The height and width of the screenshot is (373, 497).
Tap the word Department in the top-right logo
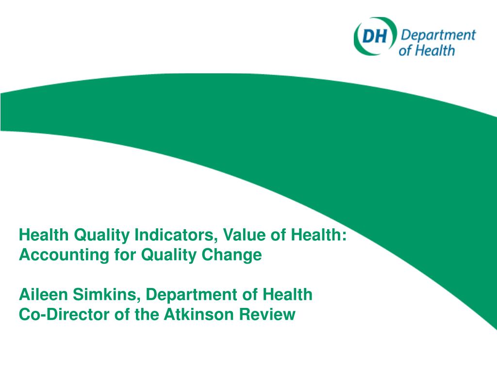coord(436,35)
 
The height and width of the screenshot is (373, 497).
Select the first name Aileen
coord(44,295)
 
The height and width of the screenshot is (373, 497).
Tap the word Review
coord(269,315)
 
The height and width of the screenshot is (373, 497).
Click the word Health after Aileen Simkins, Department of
coord(286,295)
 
